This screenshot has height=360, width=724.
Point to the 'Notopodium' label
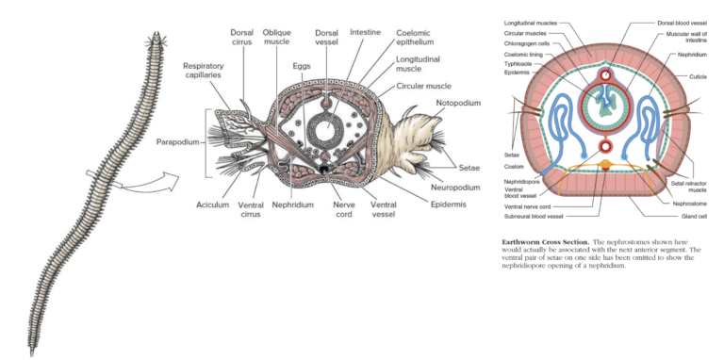[459, 102]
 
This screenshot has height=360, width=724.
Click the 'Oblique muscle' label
[276, 37]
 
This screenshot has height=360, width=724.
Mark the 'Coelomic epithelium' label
[415, 37]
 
